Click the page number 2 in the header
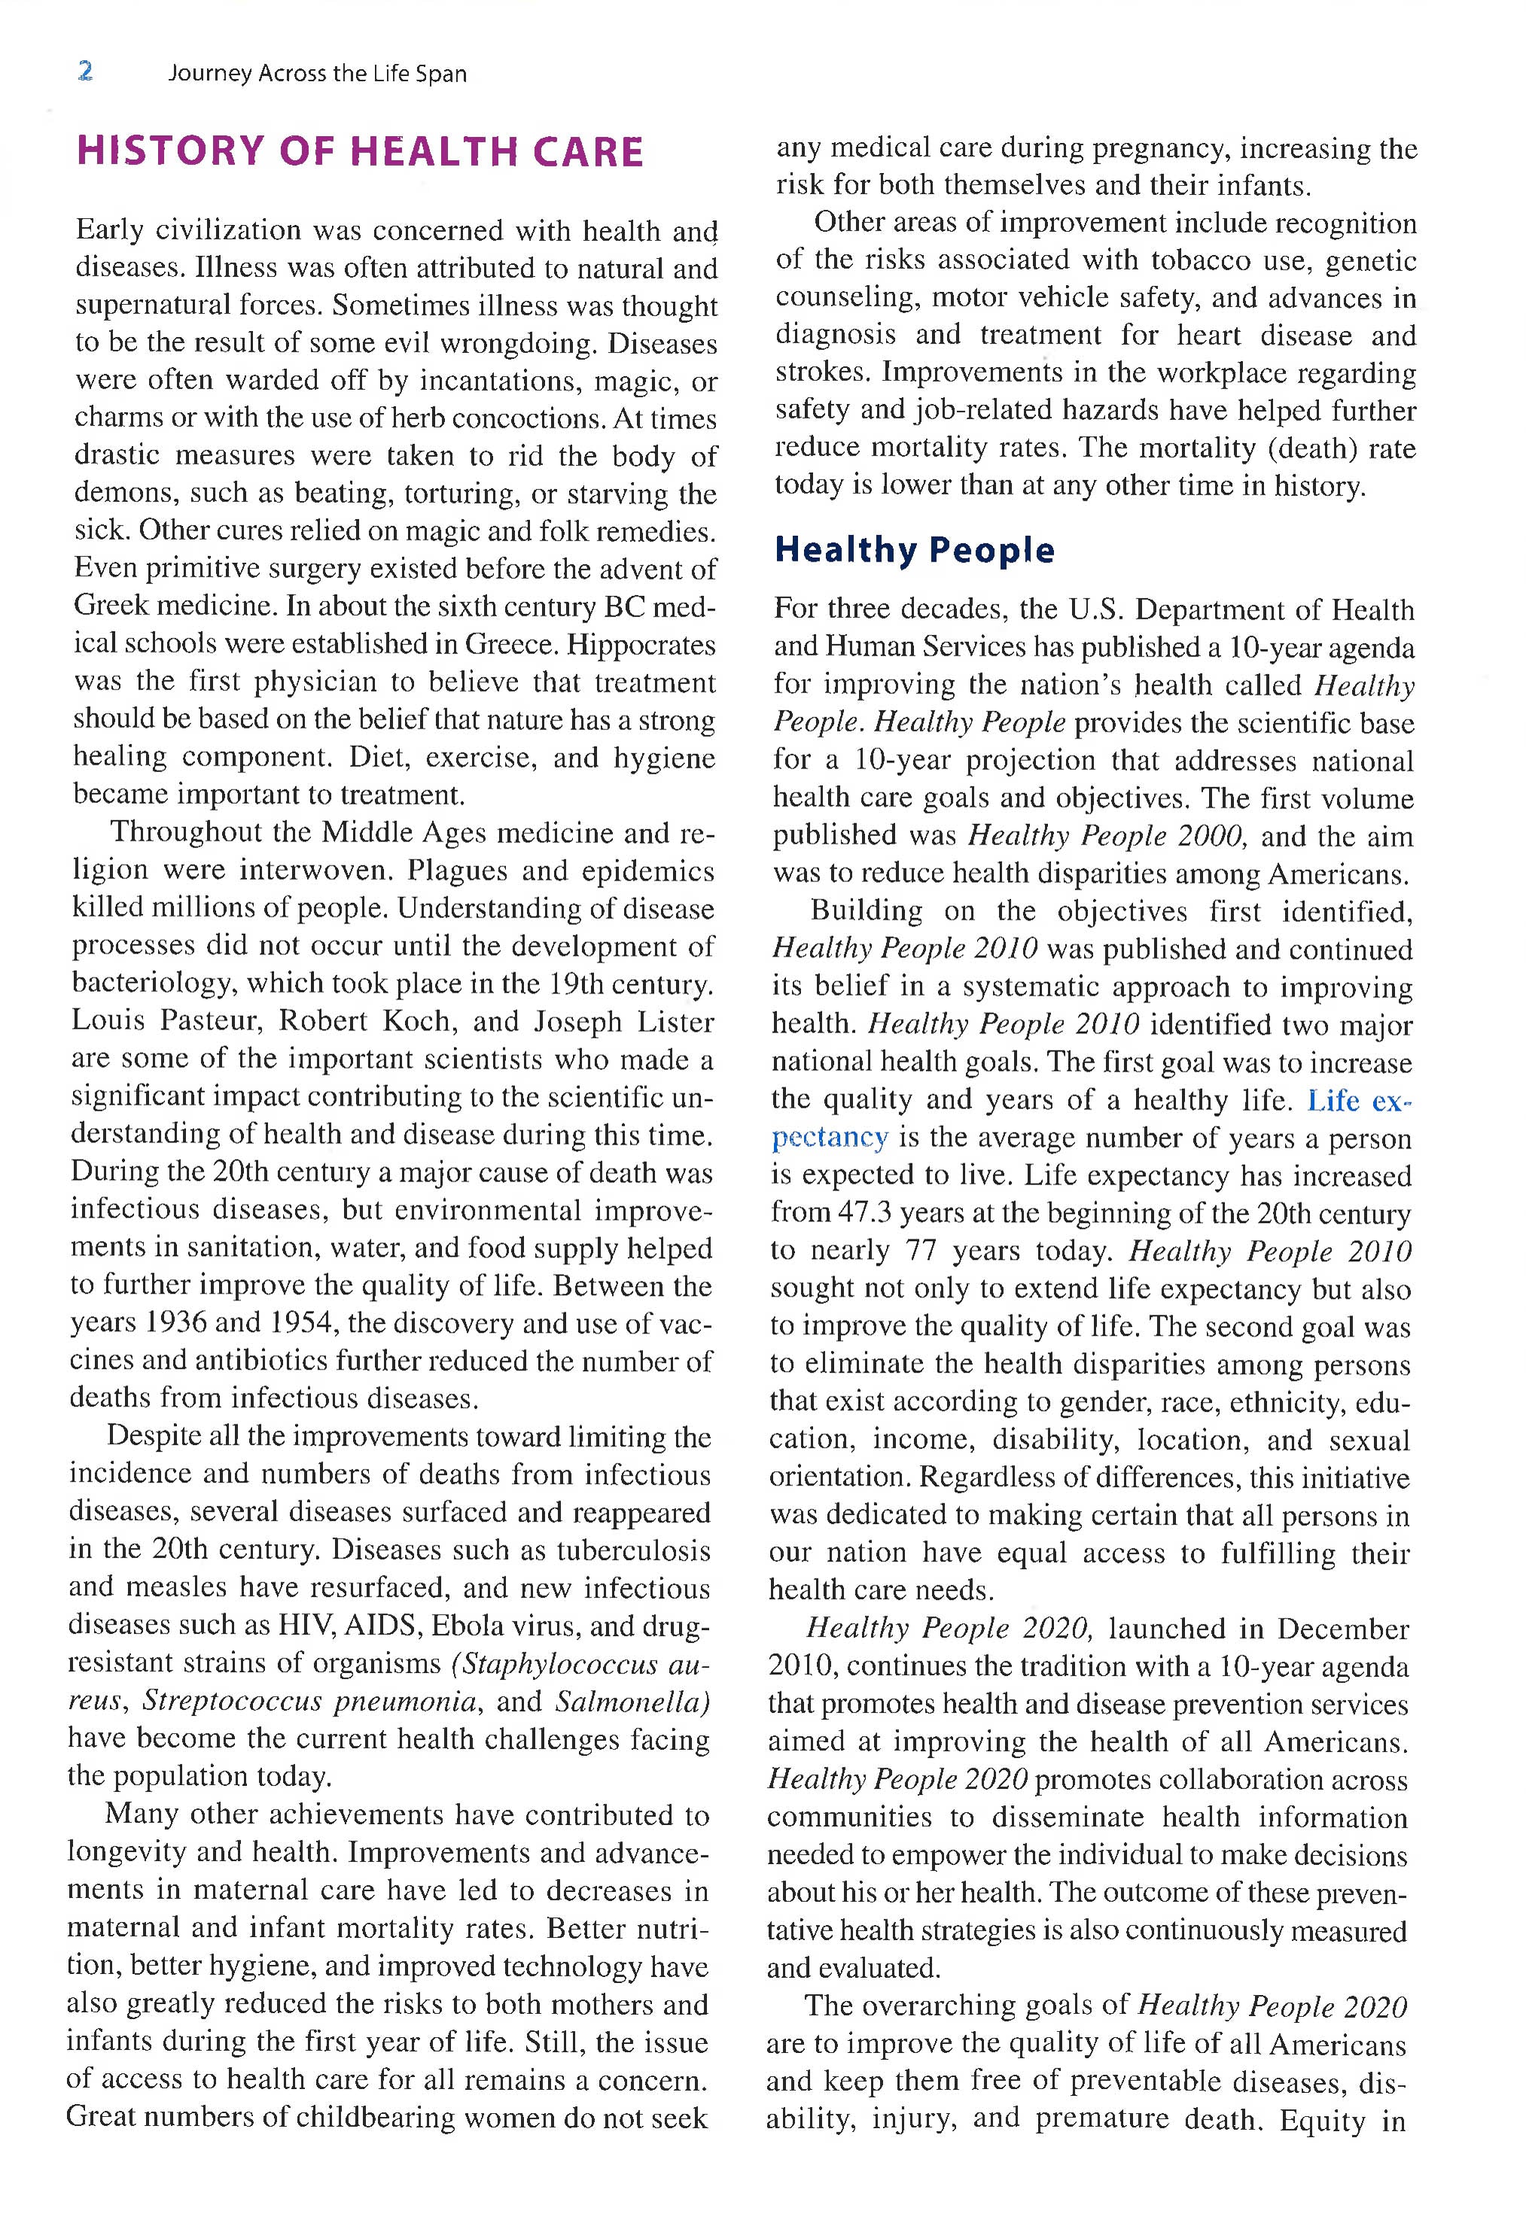click(85, 71)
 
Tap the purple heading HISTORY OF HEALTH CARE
click(360, 153)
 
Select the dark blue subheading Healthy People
click(914, 550)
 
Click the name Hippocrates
click(641, 644)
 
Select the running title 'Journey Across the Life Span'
click(318, 74)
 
